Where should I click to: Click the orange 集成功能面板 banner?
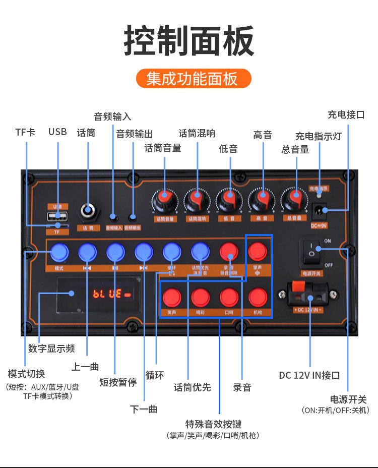194,79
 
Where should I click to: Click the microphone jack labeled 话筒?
89,210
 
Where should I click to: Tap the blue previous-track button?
87,251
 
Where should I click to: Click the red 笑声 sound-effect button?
172,297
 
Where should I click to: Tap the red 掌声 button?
258,251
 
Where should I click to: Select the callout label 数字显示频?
51,348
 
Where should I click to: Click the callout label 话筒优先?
192,387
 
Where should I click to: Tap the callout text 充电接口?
346,114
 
